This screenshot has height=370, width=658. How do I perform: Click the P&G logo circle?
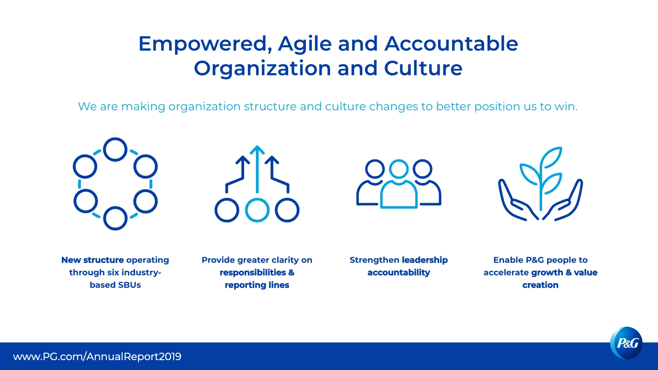coord(626,343)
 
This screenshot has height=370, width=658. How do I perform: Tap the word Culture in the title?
coord(423,68)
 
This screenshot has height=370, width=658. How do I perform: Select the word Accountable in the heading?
coord(451,44)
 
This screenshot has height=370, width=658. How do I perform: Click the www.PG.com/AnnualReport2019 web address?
coord(97,356)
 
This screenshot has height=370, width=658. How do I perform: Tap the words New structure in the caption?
coord(92,260)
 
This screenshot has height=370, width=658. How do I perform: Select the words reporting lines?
coord(257,285)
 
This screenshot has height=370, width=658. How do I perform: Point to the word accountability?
coord(399,273)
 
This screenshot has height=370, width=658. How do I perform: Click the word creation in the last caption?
coord(540,285)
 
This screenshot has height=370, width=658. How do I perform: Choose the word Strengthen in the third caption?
coord(374,260)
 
